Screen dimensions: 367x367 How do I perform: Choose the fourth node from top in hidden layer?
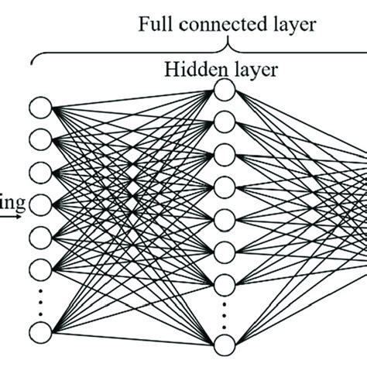tap(225, 184)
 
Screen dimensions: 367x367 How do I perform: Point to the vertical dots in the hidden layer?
tap(225, 314)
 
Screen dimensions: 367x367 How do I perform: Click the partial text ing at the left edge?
tap(13, 205)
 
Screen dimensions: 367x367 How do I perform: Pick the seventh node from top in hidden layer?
tap(225, 280)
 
